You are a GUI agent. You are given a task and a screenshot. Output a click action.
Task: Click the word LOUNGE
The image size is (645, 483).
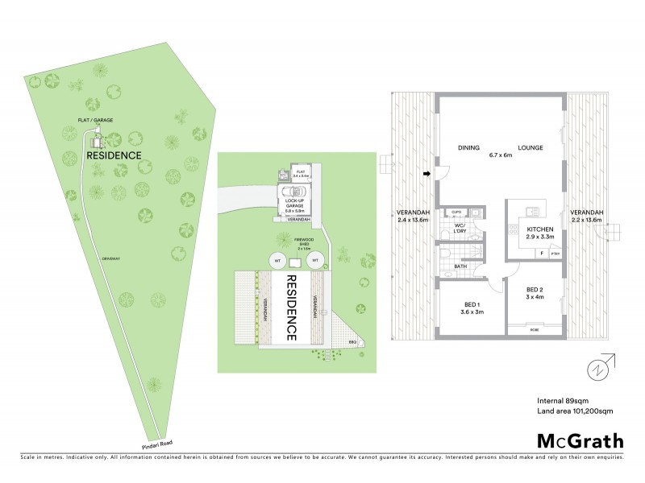[529, 148]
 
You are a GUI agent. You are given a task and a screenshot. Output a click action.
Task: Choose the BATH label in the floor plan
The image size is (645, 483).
[460, 266]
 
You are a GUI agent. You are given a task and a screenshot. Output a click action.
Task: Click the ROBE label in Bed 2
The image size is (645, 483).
[533, 329]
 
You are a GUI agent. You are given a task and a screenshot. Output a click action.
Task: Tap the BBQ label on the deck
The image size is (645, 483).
[352, 342]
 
